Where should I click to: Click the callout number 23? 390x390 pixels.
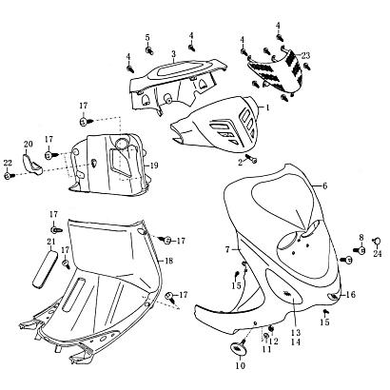click(x=305, y=56)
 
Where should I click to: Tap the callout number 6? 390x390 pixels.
click(x=324, y=186)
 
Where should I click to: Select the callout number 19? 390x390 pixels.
click(x=155, y=166)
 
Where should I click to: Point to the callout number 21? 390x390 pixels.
click(x=51, y=242)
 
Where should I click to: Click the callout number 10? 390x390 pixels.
click(x=241, y=365)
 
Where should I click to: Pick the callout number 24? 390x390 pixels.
click(x=377, y=254)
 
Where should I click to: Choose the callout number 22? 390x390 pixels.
click(x=8, y=163)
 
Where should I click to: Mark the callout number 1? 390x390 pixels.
click(x=267, y=107)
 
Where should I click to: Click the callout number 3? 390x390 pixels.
click(x=173, y=54)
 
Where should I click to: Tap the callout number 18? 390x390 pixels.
click(x=169, y=261)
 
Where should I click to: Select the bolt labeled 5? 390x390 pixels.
click(x=148, y=49)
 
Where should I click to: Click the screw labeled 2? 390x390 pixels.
click(x=251, y=158)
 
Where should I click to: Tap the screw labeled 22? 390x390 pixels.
click(x=9, y=176)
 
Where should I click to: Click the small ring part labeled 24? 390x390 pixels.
click(x=377, y=242)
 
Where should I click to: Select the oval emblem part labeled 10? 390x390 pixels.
click(x=238, y=347)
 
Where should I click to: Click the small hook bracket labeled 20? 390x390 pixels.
click(x=32, y=164)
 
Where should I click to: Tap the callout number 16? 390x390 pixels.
click(x=351, y=295)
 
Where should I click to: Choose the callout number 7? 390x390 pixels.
click(x=227, y=250)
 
